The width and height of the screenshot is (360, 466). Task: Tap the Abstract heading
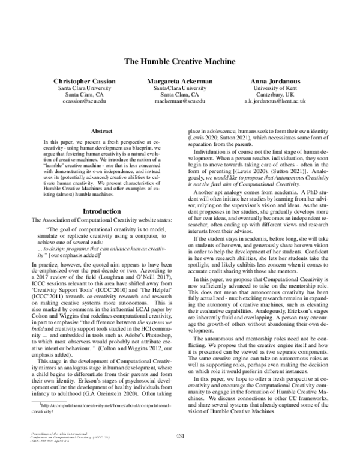point(101,130)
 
